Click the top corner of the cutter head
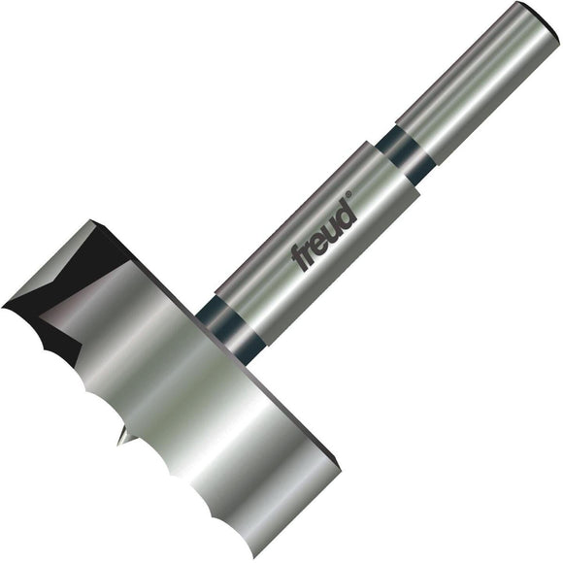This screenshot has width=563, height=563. tap(94, 222)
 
